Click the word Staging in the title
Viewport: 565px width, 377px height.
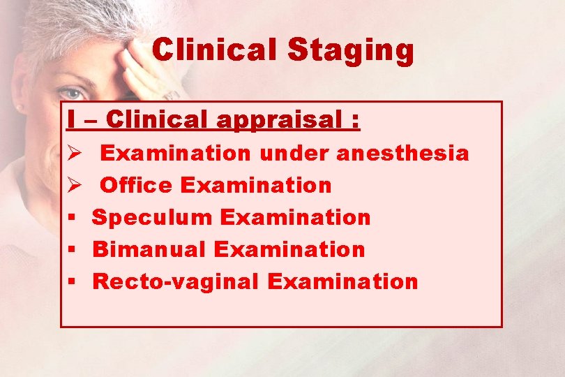pyautogui.click(x=351, y=52)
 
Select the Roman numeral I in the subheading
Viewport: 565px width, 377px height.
pyautogui.click(x=71, y=120)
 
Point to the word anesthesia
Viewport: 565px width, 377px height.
pyautogui.click(x=402, y=153)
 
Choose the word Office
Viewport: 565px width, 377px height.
pyautogui.click(x=137, y=185)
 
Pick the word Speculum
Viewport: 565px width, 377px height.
pyautogui.click(x=152, y=218)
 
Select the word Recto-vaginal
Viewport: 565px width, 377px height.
pyautogui.click(x=176, y=282)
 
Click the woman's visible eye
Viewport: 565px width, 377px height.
pyautogui.click(x=70, y=93)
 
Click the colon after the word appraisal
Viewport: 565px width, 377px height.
pyautogui.click(x=356, y=121)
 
